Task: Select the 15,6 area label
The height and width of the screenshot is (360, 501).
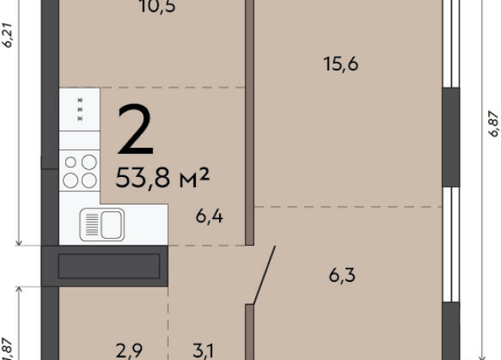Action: click(x=341, y=64)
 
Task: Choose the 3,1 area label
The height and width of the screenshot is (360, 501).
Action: click(x=203, y=352)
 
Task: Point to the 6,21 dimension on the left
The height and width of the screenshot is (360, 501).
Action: click(x=8, y=34)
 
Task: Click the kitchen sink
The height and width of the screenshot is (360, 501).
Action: click(x=102, y=224)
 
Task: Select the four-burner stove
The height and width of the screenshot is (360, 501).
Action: click(x=80, y=171)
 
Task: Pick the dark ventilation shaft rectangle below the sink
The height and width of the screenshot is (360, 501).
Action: click(x=109, y=266)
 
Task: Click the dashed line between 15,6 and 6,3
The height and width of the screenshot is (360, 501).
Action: click(x=349, y=206)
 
